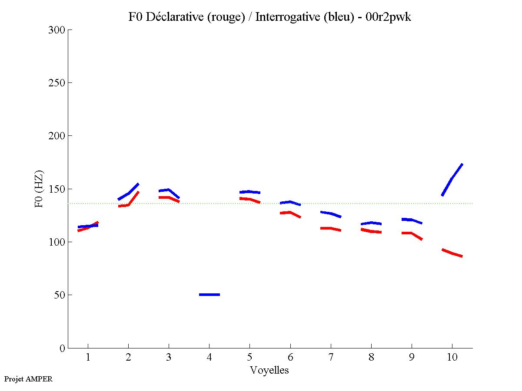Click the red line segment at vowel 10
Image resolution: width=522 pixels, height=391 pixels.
452,253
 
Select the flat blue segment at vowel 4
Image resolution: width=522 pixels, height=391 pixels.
209,295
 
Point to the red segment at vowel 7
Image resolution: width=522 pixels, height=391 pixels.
330,228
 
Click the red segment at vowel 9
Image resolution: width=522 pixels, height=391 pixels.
411,233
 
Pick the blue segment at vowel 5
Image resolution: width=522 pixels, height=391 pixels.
249,191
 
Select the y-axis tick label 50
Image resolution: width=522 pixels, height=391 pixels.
60,295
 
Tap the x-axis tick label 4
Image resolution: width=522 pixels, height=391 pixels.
209,358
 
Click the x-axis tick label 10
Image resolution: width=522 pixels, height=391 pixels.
452,358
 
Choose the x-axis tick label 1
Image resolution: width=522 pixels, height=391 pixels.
88,358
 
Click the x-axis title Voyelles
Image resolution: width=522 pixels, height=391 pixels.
269,371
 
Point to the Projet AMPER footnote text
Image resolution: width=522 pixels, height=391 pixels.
28,379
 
